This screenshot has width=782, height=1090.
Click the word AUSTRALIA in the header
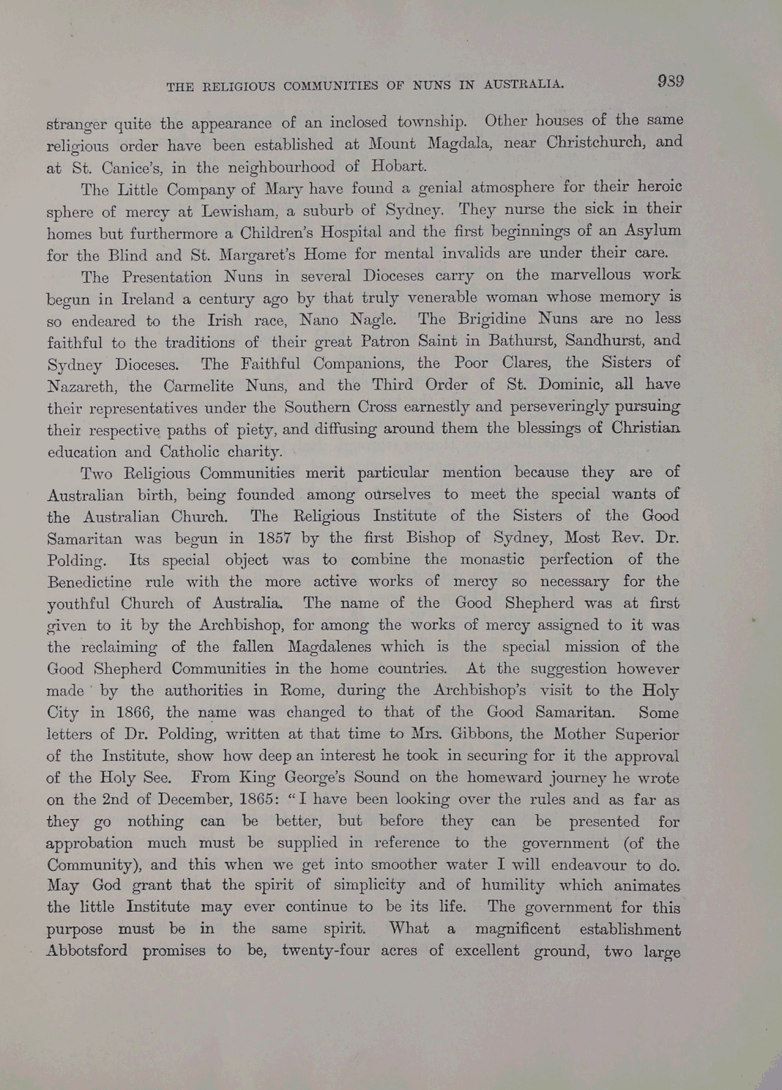(x=524, y=84)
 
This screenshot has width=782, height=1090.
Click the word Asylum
(x=652, y=231)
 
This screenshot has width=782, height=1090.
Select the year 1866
(x=133, y=713)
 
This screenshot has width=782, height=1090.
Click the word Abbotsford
(x=87, y=952)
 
